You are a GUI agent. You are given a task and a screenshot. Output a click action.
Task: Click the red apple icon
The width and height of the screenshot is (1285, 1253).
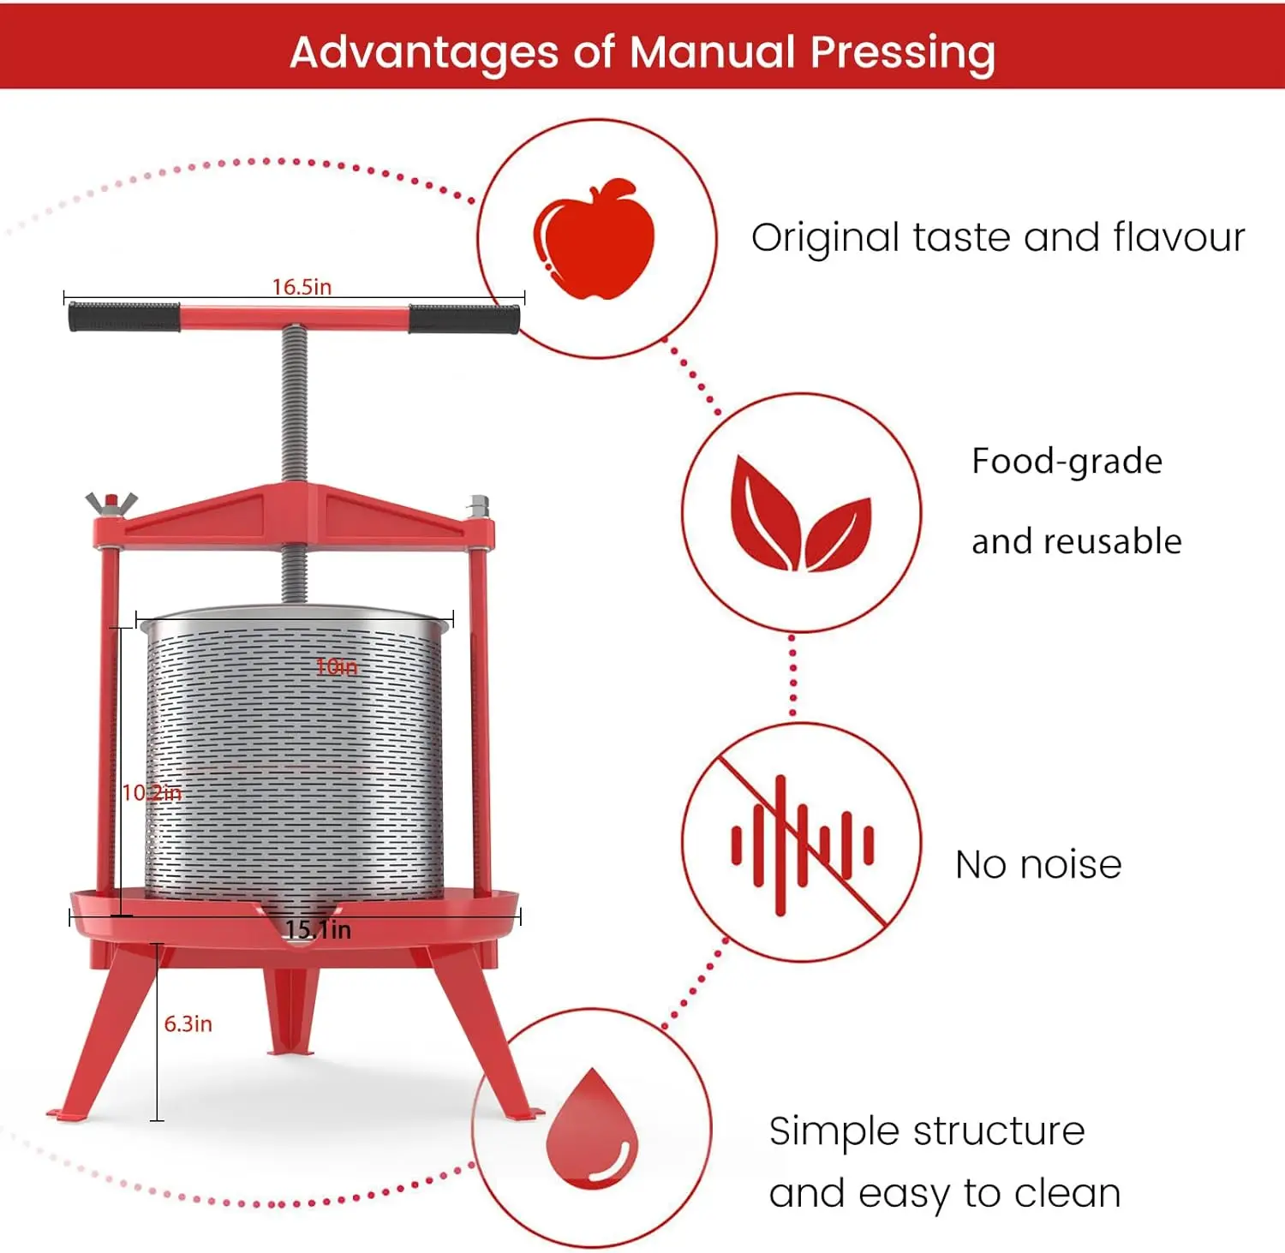click(594, 240)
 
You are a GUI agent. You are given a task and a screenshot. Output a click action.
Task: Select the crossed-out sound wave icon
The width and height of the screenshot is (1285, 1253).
click(802, 844)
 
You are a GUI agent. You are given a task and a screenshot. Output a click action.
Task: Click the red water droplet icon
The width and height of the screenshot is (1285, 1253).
click(592, 1128)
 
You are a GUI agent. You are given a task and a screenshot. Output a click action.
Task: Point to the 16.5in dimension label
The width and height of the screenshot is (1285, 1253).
click(302, 287)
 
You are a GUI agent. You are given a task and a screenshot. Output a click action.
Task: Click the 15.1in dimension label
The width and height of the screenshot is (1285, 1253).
click(318, 930)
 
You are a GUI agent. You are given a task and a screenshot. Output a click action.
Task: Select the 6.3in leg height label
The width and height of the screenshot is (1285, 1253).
click(188, 1024)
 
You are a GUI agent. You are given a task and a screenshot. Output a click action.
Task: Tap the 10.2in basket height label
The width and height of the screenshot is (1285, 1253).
click(152, 793)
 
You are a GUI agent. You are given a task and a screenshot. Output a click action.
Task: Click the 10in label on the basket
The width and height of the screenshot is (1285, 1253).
click(337, 667)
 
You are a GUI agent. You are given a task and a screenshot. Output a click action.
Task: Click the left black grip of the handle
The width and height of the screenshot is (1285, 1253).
click(124, 317)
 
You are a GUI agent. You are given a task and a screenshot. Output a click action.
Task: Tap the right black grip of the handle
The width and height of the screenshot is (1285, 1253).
click(463, 319)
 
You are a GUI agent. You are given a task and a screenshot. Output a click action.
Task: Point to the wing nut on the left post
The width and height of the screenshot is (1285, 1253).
click(111, 504)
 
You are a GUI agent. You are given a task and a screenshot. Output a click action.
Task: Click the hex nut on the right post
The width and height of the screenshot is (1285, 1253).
click(479, 506)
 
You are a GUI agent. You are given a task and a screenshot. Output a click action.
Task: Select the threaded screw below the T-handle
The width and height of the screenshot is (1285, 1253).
click(295, 403)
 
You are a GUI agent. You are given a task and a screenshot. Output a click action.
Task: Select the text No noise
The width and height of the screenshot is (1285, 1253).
click(1038, 865)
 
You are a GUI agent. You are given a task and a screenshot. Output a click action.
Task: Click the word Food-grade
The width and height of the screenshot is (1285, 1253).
click(1067, 462)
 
